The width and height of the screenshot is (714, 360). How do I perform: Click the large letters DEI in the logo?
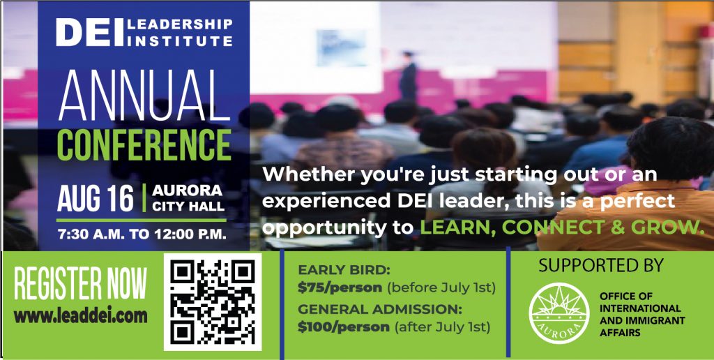tap(89, 32)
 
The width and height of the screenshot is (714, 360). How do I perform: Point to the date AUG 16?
tap(96, 198)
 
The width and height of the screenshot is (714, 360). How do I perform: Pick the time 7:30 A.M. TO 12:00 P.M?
tap(143, 234)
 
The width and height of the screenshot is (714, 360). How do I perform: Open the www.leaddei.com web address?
tap(81, 315)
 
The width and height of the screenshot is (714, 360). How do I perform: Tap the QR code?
tap(212, 301)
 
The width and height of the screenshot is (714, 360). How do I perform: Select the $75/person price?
tap(340, 287)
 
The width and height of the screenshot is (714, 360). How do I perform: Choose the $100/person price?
tap(343, 326)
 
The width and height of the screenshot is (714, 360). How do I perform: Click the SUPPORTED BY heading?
tap(600, 266)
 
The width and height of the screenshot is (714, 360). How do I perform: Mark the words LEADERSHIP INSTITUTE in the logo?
tap(181, 32)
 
